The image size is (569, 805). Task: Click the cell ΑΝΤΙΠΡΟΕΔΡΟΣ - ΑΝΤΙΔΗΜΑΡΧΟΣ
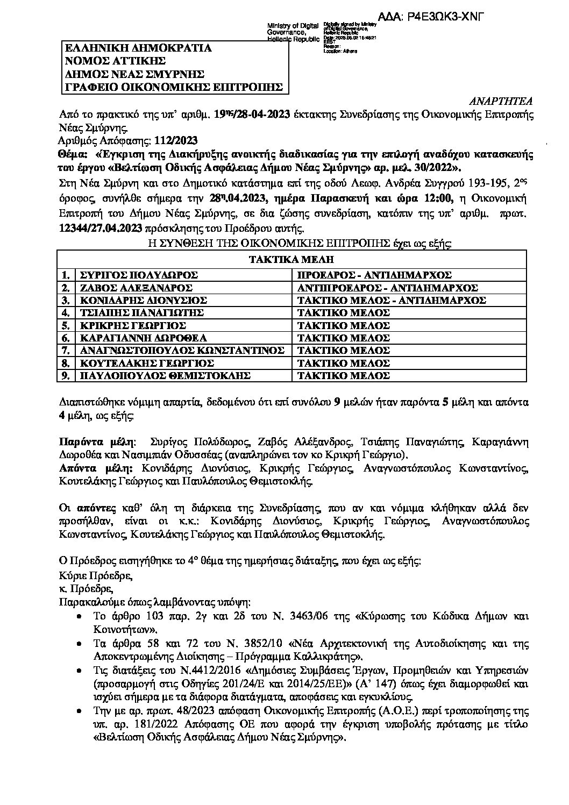[x=388, y=288]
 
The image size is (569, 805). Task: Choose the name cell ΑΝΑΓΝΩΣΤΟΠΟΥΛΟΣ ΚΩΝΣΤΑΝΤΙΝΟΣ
[x=181, y=351]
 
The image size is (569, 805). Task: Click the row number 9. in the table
[x=66, y=375]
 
